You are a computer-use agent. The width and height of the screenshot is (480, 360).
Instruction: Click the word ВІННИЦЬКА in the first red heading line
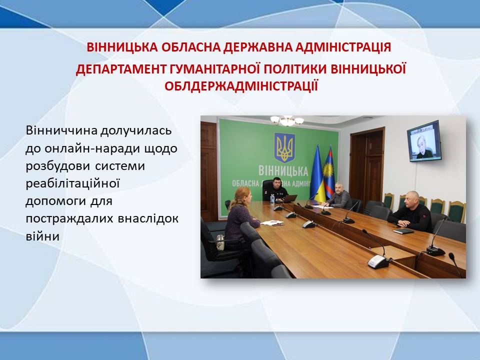coord(122,47)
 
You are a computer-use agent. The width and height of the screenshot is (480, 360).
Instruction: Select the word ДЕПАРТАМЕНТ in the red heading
coord(121,69)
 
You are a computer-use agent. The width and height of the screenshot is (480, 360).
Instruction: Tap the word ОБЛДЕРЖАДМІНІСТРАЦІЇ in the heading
coord(241,86)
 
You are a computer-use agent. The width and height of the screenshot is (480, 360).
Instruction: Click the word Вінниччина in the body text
coord(61,130)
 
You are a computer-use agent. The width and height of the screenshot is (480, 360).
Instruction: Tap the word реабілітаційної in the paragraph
coord(72,183)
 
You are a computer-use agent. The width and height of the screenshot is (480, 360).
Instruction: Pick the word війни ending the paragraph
coord(42,236)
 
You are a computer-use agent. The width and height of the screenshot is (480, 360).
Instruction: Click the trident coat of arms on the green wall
coord(284,147)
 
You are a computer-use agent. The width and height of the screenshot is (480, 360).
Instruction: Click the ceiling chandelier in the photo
coord(287,120)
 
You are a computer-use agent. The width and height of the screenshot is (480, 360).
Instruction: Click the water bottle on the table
coord(272,199)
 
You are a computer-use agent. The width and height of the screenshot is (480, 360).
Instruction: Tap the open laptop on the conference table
coord(289,198)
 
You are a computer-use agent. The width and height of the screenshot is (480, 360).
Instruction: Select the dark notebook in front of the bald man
coord(403,231)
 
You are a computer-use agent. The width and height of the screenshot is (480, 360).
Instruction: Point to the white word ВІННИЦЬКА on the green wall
coord(283,171)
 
